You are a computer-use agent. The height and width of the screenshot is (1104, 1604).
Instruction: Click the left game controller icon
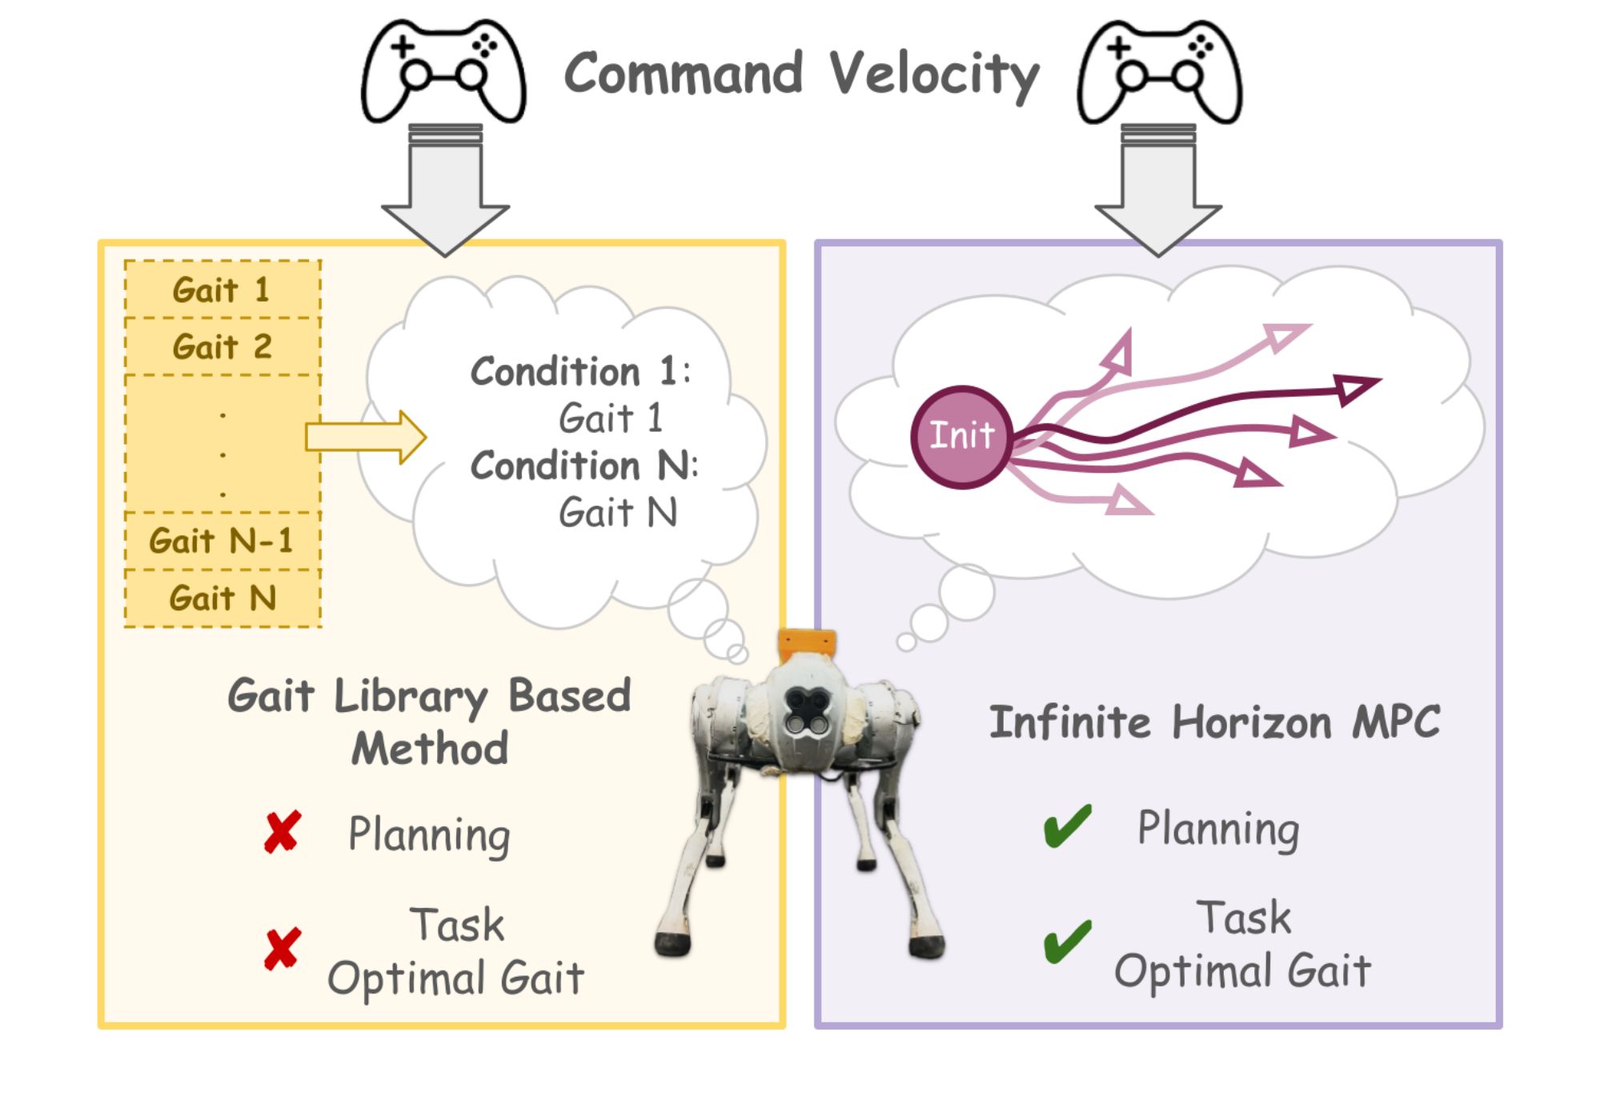[x=443, y=72]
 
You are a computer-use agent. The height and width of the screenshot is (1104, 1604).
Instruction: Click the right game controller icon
[x=1159, y=72]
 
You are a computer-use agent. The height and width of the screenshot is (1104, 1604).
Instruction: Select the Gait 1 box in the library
[x=223, y=290]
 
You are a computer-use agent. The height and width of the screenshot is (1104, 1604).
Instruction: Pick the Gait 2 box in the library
[x=223, y=347]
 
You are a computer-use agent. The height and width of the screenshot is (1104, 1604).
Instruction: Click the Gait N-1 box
[x=223, y=542]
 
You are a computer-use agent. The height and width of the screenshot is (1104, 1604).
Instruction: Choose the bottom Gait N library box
[x=223, y=598]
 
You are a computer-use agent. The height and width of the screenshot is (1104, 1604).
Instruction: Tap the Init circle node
[x=961, y=437]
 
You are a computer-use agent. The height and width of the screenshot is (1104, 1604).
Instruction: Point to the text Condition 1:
[x=579, y=372]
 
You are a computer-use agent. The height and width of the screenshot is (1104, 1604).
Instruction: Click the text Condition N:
[x=583, y=466]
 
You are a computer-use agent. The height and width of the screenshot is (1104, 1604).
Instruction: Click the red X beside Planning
[x=283, y=832]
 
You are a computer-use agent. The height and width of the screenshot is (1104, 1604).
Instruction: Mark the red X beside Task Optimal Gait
[x=283, y=949]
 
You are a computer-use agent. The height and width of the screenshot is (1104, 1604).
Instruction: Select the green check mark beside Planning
[x=1067, y=826]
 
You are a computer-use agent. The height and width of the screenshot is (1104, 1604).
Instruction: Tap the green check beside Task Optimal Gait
[x=1067, y=942]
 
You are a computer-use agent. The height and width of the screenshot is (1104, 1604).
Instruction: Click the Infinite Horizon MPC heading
[x=1214, y=722]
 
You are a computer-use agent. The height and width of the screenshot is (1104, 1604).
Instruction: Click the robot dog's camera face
[x=805, y=712]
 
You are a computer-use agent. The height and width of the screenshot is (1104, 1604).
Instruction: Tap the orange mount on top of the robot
[x=807, y=643]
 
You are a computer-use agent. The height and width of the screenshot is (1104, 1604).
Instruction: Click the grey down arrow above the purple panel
[x=1158, y=192]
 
